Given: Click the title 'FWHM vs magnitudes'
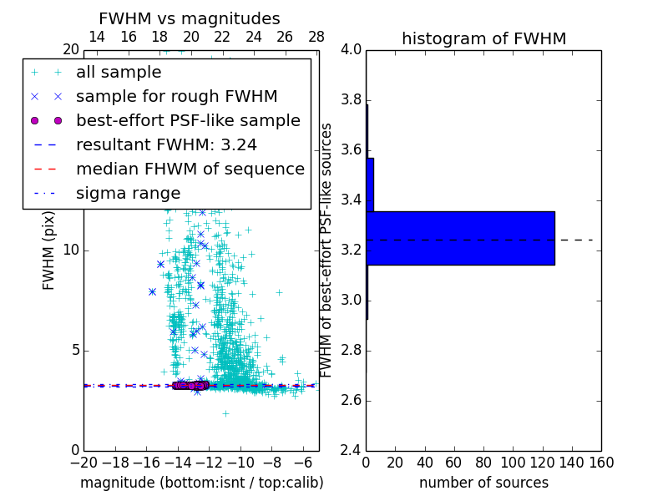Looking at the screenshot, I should [189, 19].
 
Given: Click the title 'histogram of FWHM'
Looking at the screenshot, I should [483, 38].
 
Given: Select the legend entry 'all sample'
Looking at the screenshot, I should [119, 73].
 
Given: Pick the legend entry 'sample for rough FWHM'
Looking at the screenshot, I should [176, 97].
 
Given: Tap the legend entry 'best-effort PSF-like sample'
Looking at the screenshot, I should [188, 121].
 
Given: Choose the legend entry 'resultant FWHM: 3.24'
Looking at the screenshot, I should [166, 145].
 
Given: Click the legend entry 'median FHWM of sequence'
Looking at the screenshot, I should [190, 170].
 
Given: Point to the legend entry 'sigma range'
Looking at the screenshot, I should [128, 194].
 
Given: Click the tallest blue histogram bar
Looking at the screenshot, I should [460, 238].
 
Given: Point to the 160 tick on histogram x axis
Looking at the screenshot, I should [601, 462].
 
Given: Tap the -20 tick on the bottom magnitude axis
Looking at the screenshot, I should [83, 462].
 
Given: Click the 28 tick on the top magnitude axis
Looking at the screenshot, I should [316, 37].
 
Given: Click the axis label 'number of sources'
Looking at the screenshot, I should [483, 483].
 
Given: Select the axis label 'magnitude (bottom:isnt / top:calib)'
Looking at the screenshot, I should [201, 483].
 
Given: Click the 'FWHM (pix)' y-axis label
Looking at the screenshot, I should [49, 250].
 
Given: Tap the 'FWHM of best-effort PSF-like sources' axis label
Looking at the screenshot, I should [327, 250].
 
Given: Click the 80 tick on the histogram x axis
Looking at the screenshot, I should [483, 462].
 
